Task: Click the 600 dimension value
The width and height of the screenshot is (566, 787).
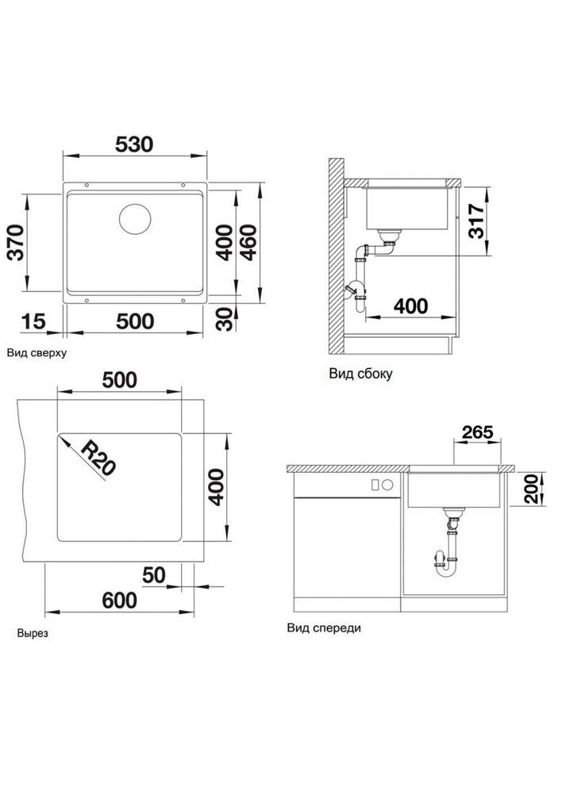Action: (120, 600)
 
